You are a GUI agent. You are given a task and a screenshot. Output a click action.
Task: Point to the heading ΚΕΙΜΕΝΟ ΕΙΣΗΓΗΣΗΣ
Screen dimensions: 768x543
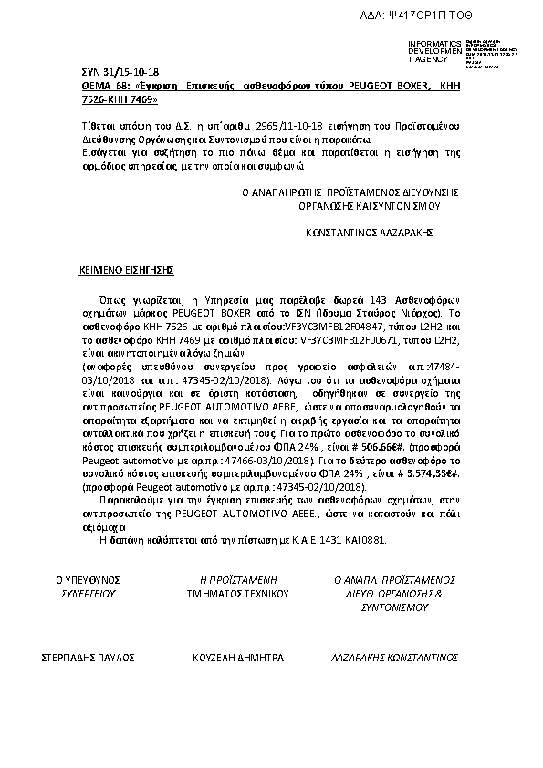coord(125,271)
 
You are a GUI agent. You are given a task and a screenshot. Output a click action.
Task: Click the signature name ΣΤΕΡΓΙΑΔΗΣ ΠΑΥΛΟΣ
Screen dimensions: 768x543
coord(89,657)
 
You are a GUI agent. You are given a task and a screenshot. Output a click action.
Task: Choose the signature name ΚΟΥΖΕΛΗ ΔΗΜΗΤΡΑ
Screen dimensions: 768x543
coord(238,657)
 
